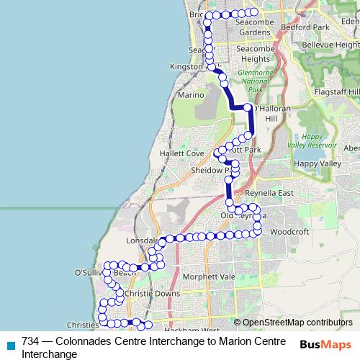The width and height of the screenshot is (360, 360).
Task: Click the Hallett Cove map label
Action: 178,154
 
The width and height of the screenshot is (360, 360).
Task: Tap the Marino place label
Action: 190,95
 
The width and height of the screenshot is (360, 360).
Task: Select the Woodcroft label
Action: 289,232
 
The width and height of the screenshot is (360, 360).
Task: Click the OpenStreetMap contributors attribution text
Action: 297,323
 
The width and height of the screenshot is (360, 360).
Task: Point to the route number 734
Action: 30,341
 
